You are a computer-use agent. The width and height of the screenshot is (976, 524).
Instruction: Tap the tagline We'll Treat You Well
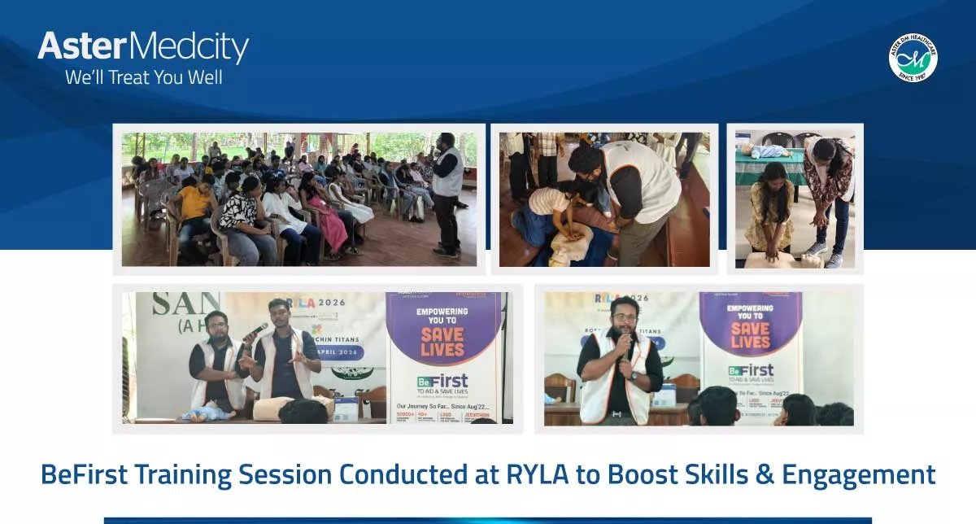(x=144, y=78)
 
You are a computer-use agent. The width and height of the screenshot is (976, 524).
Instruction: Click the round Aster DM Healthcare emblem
(x=913, y=58)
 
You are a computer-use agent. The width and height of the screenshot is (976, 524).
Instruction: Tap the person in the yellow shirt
(x=194, y=204)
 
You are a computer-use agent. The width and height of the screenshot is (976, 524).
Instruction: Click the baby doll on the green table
(x=769, y=151)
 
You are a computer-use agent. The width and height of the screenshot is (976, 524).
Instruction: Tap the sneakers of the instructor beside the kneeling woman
(x=823, y=255)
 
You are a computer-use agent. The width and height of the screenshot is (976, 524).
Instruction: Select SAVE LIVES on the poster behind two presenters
(x=442, y=342)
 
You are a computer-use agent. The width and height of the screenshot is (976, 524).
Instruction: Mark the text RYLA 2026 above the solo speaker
(x=621, y=299)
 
